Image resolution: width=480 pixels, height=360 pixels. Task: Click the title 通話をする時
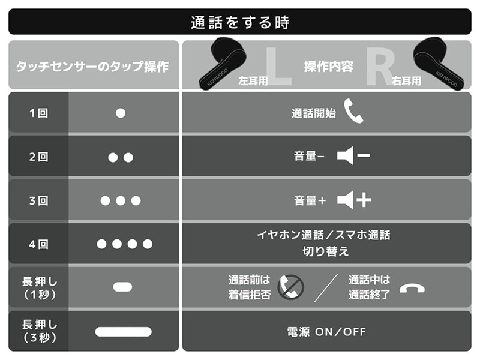pyautogui.click(x=240, y=22)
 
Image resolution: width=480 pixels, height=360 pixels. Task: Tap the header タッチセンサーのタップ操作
pyautogui.click(x=92, y=67)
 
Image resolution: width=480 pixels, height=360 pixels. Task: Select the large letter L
pyautogui.click(x=277, y=66)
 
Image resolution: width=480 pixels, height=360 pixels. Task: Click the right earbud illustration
pyautogui.click(x=439, y=64)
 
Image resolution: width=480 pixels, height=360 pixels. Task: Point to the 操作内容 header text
pyautogui.click(x=328, y=67)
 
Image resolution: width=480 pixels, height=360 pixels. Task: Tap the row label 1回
pyautogui.click(x=38, y=113)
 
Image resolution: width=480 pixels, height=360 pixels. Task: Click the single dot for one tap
pyautogui.click(x=121, y=113)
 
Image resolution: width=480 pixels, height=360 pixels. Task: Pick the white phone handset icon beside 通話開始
pyautogui.click(x=353, y=111)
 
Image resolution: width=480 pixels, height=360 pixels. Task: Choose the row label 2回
pyautogui.click(x=38, y=157)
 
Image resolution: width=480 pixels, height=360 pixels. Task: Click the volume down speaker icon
pyautogui.click(x=353, y=155)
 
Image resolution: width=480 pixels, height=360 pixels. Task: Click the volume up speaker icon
pyautogui.click(x=354, y=200)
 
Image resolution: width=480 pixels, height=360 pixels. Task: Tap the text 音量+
pyautogui.click(x=310, y=200)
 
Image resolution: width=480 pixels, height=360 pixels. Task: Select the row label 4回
pyautogui.click(x=38, y=244)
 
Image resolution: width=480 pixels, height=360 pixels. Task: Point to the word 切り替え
pyautogui.click(x=326, y=251)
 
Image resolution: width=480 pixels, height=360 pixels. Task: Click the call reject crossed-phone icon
pyautogui.click(x=290, y=287)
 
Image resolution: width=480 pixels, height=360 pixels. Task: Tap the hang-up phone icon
pyautogui.click(x=412, y=288)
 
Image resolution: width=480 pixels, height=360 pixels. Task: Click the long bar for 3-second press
pyautogui.click(x=124, y=332)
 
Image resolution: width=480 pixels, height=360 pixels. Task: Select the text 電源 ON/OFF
pyautogui.click(x=326, y=332)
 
